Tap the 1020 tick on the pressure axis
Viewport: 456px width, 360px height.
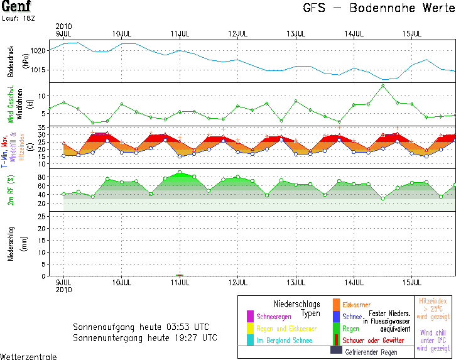tap(39, 50)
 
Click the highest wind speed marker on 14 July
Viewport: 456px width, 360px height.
tap(383, 85)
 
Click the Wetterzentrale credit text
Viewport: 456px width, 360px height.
tap(28, 356)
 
